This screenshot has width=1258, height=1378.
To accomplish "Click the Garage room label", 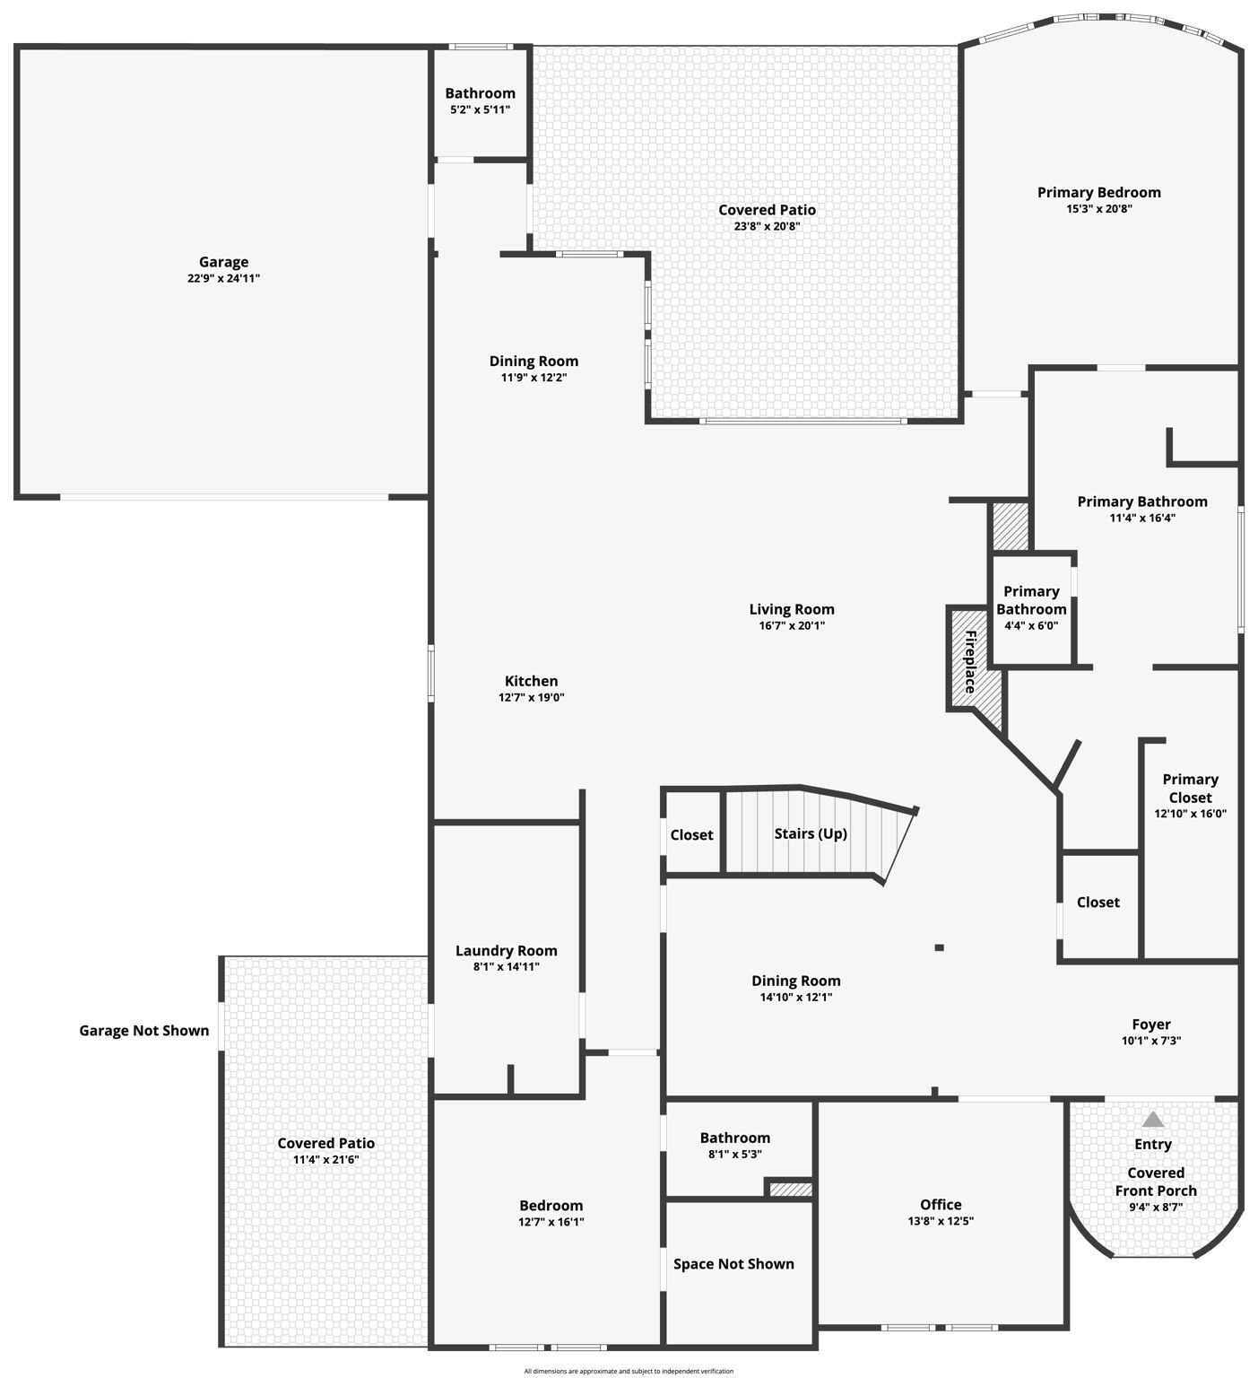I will (223, 262).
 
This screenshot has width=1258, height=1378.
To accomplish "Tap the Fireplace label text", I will (970, 662).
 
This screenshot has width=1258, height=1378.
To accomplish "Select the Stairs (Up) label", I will (811, 833).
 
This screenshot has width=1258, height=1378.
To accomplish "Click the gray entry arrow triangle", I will (1153, 1120).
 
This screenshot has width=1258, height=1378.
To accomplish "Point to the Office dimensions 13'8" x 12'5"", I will (941, 1221).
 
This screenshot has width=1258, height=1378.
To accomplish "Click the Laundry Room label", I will (507, 951).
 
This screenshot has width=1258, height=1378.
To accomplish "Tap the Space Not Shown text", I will (733, 1264).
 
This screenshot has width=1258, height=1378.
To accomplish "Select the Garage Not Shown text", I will (144, 1031).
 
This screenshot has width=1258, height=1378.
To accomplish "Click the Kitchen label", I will (532, 682).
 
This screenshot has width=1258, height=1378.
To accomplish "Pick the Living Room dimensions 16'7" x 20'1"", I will (792, 626).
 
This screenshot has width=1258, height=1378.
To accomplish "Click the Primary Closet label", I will (1190, 789).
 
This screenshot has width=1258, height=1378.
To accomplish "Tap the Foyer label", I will (1151, 1025).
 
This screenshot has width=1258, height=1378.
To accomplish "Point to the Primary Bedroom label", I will (1099, 193).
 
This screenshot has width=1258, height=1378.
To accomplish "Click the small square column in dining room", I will (939, 947).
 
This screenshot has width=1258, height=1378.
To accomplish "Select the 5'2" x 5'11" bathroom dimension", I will (481, 109).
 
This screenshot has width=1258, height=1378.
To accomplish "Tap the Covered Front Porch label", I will (1156, 1182).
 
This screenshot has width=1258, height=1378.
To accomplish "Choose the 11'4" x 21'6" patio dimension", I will (326, 1160).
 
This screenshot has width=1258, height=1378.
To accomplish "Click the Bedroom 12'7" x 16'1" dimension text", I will (551, 1222).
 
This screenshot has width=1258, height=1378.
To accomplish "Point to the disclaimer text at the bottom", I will (629, 1371).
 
